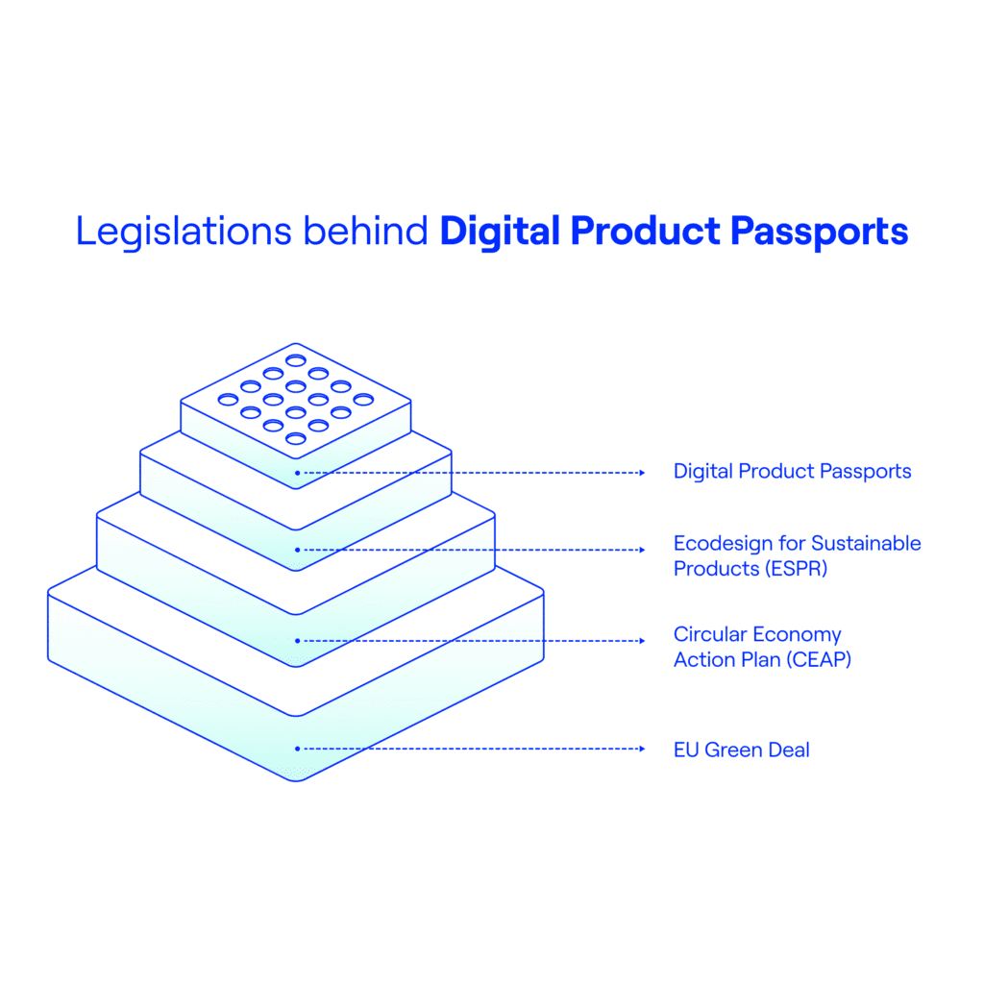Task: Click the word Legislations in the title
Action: pyautogui.click(x=184, y=232)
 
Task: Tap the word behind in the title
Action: pyautogui.click(x=365, y=231)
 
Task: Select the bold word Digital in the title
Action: pyautogui.click(x=500, y=232)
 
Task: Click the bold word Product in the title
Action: pyautogui.click(x=645, y=231)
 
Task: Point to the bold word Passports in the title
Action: pyautogui.click(x=820, y=232)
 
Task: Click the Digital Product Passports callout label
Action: pyautogui.click(x=792, y=471)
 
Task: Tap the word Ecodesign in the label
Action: pyautogui.click(x=723, y=544)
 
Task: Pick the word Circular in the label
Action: pyautogui.click(x=710, y=634)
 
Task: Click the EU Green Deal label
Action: pyautogui.click(x=741, y=750)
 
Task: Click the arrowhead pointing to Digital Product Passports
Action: pyautogui.click(x=642, y=473)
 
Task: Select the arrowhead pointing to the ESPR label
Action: pyautogui.click(x=642, y=550)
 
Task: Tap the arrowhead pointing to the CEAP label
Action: pyautogui.click(x=642, y=641)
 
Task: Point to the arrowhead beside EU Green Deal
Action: pyautogui.click(x=642, y=749)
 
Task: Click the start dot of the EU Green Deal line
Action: pyautogui.click(x=297, y=749)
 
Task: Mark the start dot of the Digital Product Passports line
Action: pyautogui.click(x=297, y=473)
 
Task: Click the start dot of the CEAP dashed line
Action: pyautogui.click(x=297, y=641)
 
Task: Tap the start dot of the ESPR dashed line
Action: pyautogui.click(x=297, y=550)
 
